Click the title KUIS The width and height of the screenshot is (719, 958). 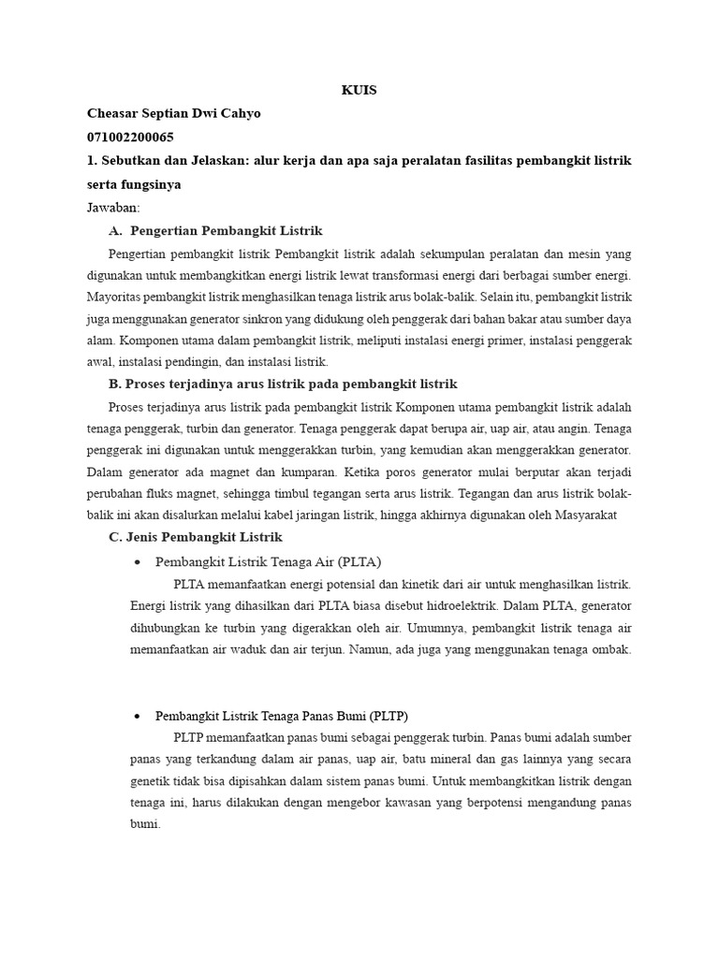click(359, 91)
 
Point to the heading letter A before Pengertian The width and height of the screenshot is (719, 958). click(115, 231)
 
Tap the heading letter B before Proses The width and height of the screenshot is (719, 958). click(115, 385)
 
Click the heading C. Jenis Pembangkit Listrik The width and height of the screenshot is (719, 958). click(196, 538)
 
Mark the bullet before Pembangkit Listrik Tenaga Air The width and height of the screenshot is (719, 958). click(138, 562)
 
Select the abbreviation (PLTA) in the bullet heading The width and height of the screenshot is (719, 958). click(359, 561)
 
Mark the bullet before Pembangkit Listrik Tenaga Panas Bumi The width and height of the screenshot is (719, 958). click(138, 716)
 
